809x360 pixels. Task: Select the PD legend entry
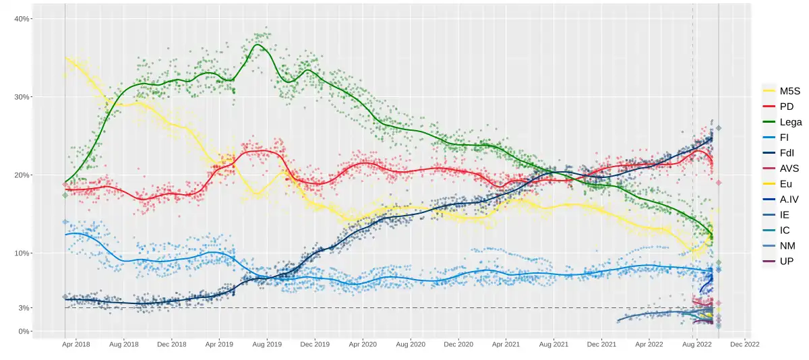pos(781,107)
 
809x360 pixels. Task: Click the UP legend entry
pos(781,261)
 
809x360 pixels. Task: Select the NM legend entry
pos(781,245)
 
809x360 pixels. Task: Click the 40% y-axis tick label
pos(22,19)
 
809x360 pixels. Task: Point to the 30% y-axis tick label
pos(22,97)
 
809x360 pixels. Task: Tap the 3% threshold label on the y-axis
pos(24,308)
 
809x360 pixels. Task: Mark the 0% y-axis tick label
pos(24,331)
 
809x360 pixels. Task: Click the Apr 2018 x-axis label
pos(76,344)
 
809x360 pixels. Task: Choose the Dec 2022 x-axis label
pos(745,344)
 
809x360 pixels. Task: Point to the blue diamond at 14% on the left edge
pos(65,222)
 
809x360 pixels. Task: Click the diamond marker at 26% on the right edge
pos(719,128)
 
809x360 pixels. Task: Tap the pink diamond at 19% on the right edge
pos(719,183)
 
